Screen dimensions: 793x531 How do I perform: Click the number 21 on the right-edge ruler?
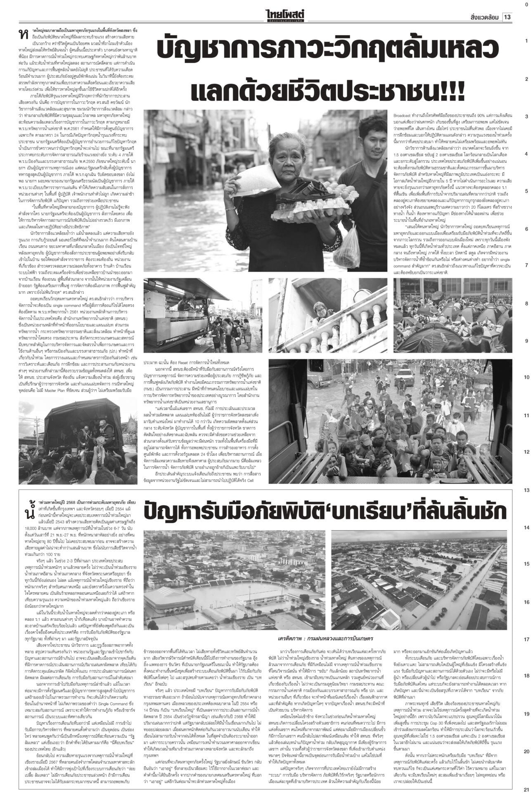(526, 788)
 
